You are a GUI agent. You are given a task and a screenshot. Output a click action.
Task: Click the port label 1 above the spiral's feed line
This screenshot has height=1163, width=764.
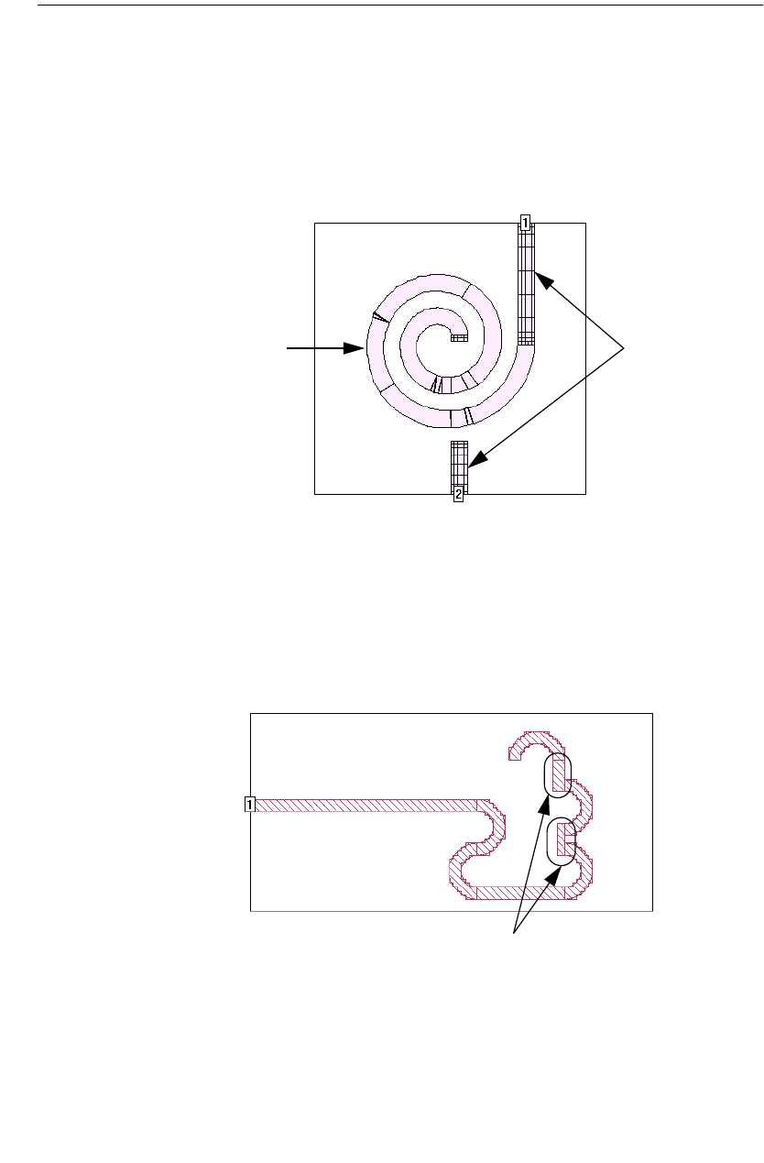[525, 223]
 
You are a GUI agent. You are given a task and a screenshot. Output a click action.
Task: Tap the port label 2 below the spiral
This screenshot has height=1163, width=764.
[458, 494]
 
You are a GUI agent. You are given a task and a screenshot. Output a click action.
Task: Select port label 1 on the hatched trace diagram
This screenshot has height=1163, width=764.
[250, 805]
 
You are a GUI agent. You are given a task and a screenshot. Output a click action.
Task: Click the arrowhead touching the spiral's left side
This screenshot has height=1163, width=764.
[354, 348]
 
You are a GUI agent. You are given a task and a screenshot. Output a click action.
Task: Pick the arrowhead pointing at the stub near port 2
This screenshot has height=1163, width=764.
[478, 458]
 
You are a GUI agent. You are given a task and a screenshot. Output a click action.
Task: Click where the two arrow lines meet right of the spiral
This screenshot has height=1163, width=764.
[623, 348]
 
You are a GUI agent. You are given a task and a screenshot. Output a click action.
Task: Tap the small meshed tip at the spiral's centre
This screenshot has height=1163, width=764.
[459, 338]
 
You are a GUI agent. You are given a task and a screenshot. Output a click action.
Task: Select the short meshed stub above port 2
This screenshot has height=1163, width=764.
[459, 465]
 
